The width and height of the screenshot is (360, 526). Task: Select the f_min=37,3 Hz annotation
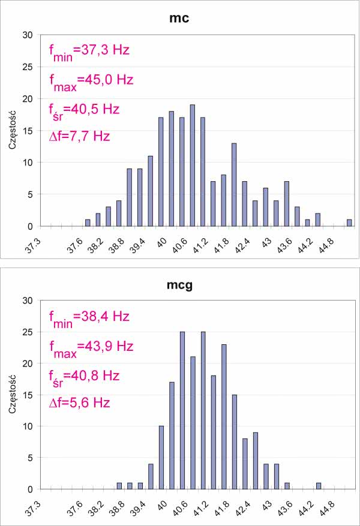89,50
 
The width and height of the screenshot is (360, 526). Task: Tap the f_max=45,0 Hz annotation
91,80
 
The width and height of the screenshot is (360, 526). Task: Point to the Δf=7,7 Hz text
79,136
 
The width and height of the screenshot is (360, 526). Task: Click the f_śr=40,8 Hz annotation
84,376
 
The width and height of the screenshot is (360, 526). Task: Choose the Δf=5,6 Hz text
79,402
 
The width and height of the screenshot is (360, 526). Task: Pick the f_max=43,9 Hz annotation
91,347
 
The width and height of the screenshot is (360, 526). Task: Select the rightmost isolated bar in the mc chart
349,223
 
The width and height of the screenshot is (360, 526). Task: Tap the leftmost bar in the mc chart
88,223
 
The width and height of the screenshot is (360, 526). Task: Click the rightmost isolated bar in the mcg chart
318,486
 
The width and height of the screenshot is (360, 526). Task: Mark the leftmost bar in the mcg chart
119,486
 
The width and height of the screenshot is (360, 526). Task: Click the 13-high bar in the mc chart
234,185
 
